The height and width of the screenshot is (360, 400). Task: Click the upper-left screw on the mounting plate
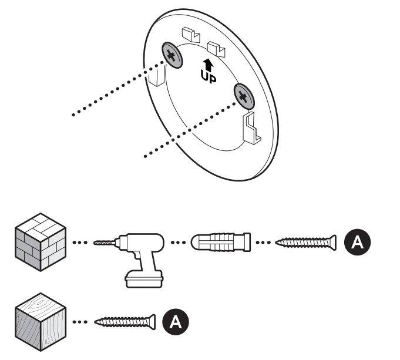pos(172,56)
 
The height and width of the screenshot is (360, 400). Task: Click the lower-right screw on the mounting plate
pos(243,95)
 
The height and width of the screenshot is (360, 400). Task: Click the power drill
pos(141,253)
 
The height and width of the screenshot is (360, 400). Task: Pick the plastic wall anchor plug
pos(220,242)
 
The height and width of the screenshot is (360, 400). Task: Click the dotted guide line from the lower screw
pos(188,129)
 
